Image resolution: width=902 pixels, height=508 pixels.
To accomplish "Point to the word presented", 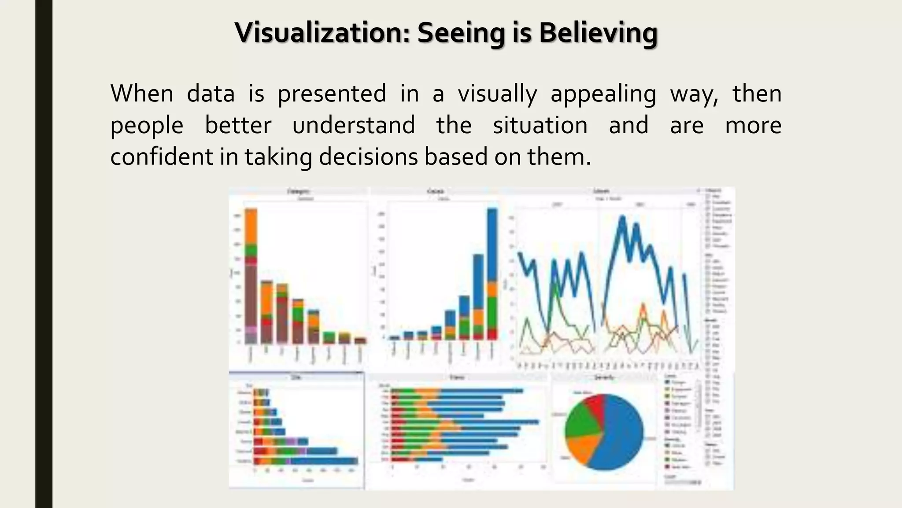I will [x=332, y=93].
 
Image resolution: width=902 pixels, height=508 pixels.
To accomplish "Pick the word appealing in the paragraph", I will [x=603, y=93].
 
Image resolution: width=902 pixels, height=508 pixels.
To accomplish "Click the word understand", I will [x=354, y=125].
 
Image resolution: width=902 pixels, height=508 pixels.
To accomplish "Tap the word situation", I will [x=540, y=125].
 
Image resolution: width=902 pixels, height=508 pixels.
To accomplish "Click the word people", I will [x=147, y=125].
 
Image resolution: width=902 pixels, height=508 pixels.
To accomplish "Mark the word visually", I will [x=497, y=93].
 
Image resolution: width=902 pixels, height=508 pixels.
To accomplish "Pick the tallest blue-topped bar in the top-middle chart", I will [x=492, y=273].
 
